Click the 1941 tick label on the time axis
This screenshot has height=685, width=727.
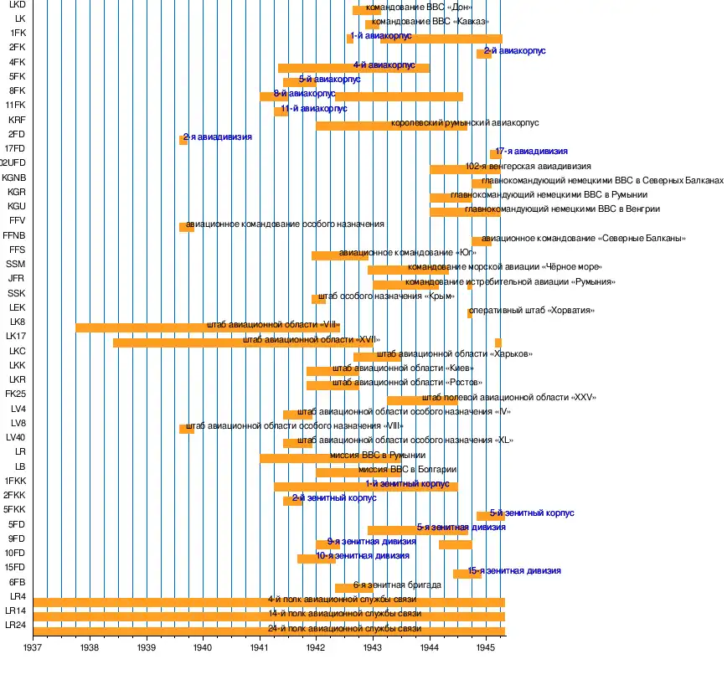pyautogui.click(x=260, y=647)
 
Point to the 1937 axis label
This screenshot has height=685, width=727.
pyautogui.click(x=34, y=647)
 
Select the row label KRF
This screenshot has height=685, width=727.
pyautogui.click(x=17, y=120)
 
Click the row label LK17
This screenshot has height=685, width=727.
pyautogui.click(x=16, y=337)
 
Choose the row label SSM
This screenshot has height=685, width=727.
pyautogui.click(x=16, y=264)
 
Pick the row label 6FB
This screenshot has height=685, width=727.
pyautogui.click(x=17, y=582)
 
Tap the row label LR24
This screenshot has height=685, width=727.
pyautogui.click(x=15, y=626)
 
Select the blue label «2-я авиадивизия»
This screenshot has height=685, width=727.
pyautogui.click(x=218, y=136)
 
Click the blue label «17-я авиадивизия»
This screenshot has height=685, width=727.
pyautogui.click(x=531, y=152)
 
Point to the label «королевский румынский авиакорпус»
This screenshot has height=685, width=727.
pyautogui.click(x=465, y=123)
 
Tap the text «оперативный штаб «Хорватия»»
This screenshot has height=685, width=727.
pyautogui.click(x=532, y=311)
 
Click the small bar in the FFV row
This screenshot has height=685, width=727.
pyautogui.click(x=186, y=227)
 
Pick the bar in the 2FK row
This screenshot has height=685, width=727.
pyautogui.click(x=483, y=54)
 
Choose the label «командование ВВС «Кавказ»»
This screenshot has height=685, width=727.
pyautogui.click(x=431, y=21)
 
